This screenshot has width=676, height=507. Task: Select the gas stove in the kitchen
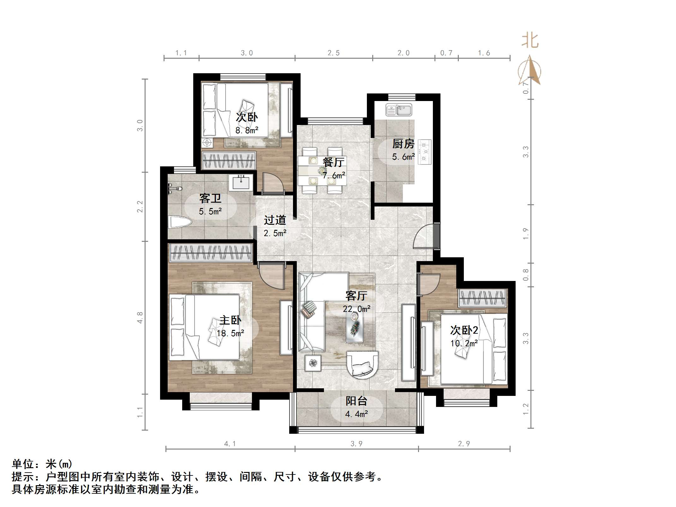[x=424, y=152]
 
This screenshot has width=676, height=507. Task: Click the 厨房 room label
[x=403, y=144]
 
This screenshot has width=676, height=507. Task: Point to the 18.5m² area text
[x=230, y=333]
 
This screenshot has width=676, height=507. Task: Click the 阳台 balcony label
[x=356, y=401]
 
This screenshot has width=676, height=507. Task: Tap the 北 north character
[x=530, y=41]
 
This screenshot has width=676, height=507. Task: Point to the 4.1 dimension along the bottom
[x=230, y=444]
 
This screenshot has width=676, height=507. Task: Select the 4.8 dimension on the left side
[x=140, y=317]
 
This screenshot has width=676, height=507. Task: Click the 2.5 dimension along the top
[x=333, y=53]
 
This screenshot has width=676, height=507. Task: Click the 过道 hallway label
[x=275, y=220]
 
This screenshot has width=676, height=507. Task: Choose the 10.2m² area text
[x=464, y=343]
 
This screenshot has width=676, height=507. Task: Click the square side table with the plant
[x=313, y=363]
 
